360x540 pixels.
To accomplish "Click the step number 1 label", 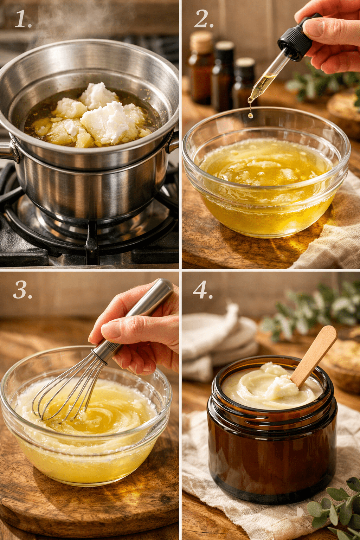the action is click(x=22, y=19).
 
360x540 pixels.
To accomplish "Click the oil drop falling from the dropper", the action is click(x=251, y=115).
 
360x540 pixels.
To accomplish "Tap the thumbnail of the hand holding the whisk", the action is click(x=111, y=330).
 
